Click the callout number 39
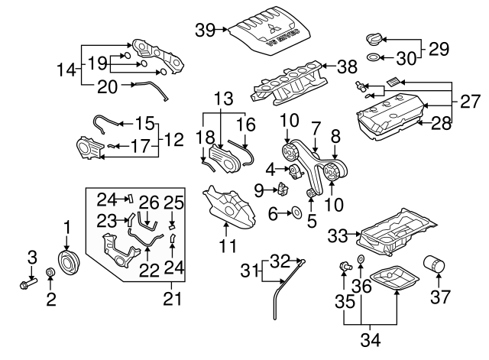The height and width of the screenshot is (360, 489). (205, 31)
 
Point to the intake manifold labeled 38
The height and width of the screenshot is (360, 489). (286, 85)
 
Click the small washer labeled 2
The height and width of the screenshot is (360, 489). (51, 273)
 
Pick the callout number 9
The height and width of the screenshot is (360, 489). (258, 188)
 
